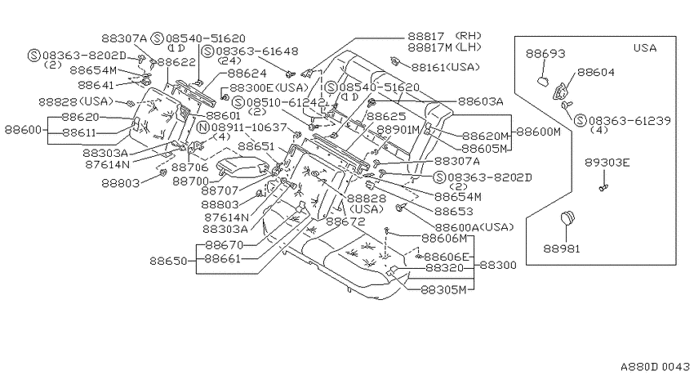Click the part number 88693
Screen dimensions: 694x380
click(545, 54)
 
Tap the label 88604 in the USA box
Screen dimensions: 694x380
click(596, 72)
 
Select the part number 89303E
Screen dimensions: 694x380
click(607, 163)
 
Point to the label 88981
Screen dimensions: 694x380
click(562, 249)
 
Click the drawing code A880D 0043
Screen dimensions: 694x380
click(655, 367)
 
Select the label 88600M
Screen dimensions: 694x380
click(538, 132)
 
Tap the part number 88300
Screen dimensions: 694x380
click(498, 266)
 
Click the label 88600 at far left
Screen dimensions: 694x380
click(23, 130)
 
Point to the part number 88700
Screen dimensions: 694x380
click(190, 181)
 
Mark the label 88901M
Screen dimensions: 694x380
click(398, 130)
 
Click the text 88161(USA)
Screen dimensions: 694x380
click(446, 67)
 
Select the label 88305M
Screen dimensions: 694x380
click(443, 290)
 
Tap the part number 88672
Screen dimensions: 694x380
click(345, 221)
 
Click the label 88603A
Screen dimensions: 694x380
click(481, 102)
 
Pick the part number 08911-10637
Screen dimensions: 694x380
click(249, 127)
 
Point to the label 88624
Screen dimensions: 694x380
click(247, 73)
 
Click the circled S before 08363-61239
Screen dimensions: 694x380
click(580, 120)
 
